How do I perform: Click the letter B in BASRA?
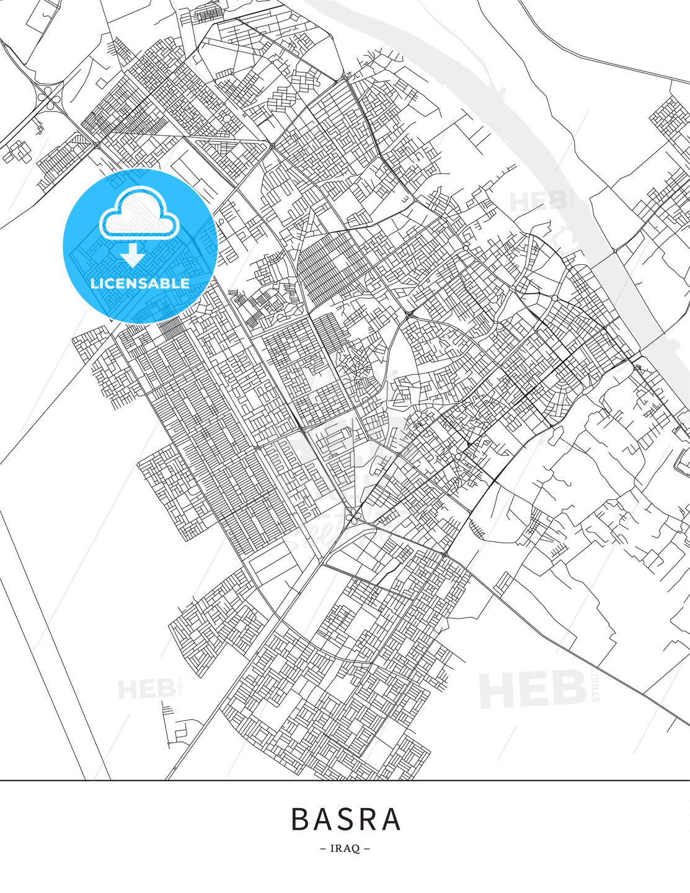click(300, 819)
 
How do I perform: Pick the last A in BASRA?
click(392, 819)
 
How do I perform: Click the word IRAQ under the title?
click(345, 848)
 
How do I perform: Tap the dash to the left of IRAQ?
click(323, 848)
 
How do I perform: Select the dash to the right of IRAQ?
click(367, 848)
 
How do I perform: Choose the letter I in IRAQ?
click(333, 848)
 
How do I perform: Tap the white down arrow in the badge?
click(133, 254)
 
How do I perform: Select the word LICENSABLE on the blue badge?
click(140, 283)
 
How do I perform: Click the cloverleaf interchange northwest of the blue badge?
click(49, 98)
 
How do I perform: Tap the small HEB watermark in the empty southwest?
click(146, 688)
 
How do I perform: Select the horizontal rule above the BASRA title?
click(345, 780)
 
